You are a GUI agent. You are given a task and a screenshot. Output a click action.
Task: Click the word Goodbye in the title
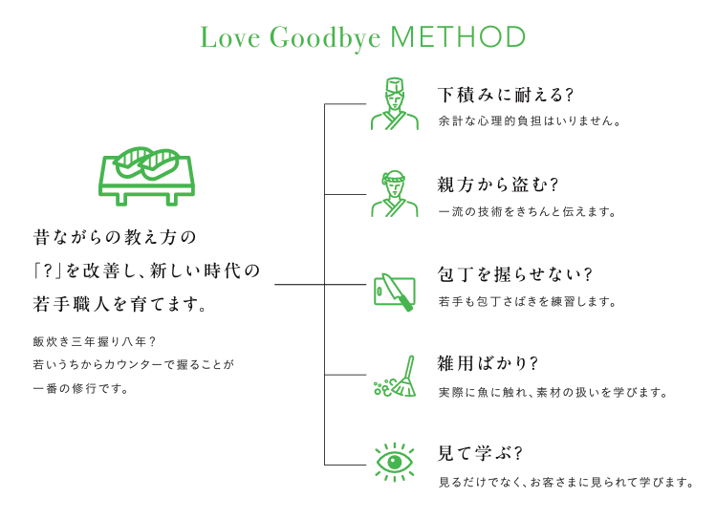325,38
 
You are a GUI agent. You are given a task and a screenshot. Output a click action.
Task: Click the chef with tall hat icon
393,104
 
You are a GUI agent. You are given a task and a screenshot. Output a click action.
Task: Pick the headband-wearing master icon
393,194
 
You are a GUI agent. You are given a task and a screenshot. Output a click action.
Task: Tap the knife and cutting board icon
394,288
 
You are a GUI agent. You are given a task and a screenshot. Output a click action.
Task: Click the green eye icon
393,462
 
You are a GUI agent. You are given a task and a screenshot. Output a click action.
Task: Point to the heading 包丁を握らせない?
514,274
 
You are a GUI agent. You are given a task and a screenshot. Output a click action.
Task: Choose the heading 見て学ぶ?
480,452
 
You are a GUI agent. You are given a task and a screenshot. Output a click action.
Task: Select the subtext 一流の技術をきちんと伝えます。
527,211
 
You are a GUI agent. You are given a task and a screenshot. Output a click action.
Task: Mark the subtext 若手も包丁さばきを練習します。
528,301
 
